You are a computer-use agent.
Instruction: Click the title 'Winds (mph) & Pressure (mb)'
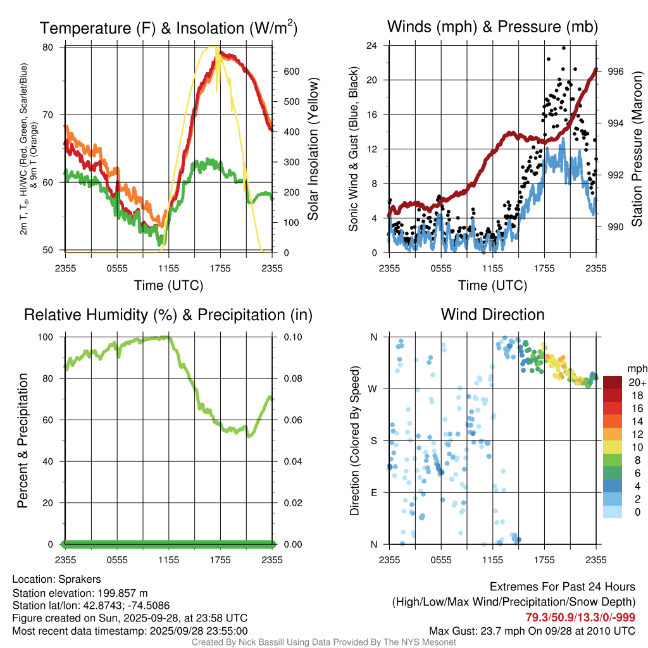tap(492, 27)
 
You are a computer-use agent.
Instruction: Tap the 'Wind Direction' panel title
tap(492, 315)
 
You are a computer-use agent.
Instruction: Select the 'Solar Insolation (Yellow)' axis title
tap(313, 149)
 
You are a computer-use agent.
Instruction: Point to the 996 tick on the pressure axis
tap(616, 72)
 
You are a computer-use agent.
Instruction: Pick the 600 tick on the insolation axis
tap(291, 72)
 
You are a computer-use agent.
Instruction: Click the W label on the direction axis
tap(374, 389)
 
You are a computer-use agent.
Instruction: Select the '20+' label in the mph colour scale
tap(637, 382)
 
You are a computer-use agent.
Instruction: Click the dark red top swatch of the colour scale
tap(612, 382)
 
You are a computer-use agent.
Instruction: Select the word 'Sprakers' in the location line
tap(80, 579)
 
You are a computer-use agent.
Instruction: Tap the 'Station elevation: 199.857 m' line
tap(80, 593)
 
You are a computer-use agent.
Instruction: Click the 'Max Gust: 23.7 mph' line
tap(532, 630)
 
